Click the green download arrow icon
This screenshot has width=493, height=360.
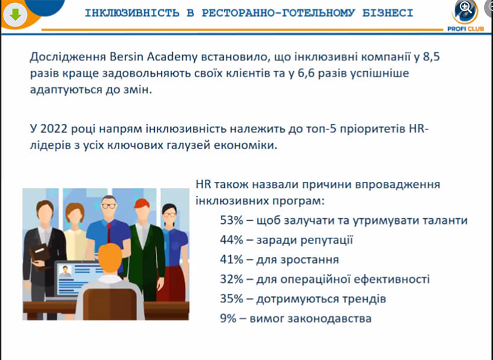pyautogui.click(x=16, y=14)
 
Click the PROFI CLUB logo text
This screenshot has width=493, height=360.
pyautogui.click(x=465, y=29)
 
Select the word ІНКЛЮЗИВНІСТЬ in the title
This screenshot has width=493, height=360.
pyautogui.click(x=132, y=13)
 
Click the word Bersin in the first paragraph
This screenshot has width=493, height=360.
pyautogui.click(x=127, y=56)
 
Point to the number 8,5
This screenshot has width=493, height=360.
pyautogui.click(x=431, y=57)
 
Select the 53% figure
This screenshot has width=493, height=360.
pyautogui.click(x=232, y=220)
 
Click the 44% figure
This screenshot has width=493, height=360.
pyautogui.click(x=232, y=240)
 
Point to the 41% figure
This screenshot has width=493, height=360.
pyautogui.click(x=232, y=260)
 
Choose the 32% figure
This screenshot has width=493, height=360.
pyautogui.click(x=232, y=279)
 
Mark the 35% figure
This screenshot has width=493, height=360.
pyautogui.click(x=232, y=299)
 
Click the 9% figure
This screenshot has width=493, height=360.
pyautogui.click(x=229, y=319)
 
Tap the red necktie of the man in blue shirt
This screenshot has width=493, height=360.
pyautogui.click(x=109, y=233)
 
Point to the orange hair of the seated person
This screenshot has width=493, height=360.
pyautogui.click(x=110, y=256)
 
